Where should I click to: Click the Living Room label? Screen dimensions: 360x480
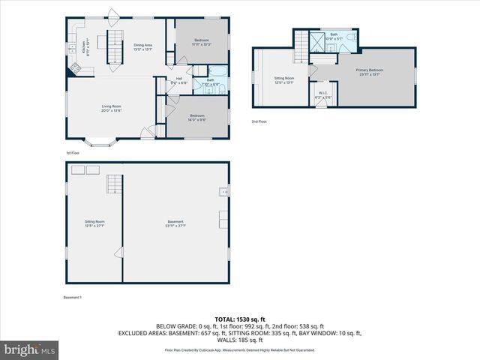click(112, 108)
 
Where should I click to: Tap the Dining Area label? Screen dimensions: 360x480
click(143, 47)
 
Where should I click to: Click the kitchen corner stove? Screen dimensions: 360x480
click(74, 69)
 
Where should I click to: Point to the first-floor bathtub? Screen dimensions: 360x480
click(223, 84)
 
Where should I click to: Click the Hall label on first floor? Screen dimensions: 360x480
click(179, 80)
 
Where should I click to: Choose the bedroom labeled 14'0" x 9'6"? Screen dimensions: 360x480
click(197, 117)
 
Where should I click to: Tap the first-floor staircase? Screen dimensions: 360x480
click(114, 48)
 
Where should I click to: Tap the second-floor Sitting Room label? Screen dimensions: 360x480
click(283, 79)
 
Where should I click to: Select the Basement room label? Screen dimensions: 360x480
click(175, 223)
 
